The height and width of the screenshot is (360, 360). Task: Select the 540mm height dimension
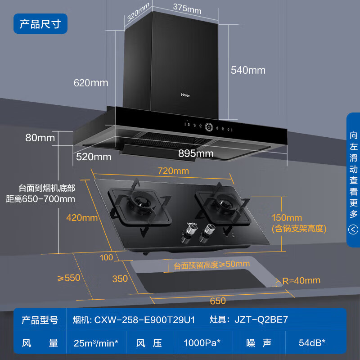(x=248, y=70)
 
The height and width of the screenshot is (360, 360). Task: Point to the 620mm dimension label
(x=91, y=83)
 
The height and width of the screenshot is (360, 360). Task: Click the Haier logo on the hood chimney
(x=185, y=95)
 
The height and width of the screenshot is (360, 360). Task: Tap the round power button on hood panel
(x=209, y=127)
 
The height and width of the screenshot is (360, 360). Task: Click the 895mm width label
(x=196, y=153)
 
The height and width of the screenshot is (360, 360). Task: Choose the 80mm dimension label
(x=40, y=138)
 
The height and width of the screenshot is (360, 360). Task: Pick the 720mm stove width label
(x=173, y=171)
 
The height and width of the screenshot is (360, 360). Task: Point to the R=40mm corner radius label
(x=301, y=281)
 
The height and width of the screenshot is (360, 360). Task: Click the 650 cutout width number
(x=218, y=301)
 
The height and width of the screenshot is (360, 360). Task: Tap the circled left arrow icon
(x=354, y=230)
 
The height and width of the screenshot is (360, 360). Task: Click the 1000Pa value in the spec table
(x=202, y=343)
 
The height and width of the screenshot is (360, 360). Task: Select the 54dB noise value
(x=312, y=343)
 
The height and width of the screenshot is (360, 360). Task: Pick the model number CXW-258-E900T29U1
(x=144, y=320)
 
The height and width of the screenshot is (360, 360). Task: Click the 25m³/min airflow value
(x=96, y=343)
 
